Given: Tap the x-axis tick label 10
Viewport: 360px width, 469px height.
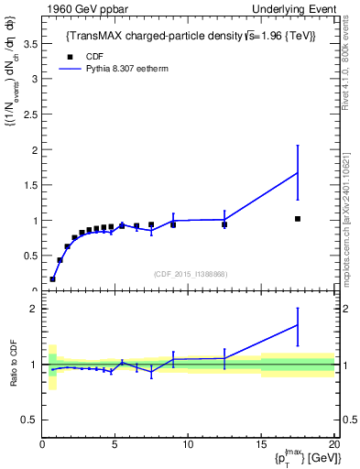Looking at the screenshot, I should (188, 444).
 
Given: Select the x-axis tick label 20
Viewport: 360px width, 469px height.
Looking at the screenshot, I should (333, 444).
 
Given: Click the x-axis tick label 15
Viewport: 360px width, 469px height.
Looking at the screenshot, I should (260, 444).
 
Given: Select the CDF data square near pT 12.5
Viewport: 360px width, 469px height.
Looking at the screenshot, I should (224, 224).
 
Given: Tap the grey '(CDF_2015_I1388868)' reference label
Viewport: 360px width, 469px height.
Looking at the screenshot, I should (190, 273).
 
